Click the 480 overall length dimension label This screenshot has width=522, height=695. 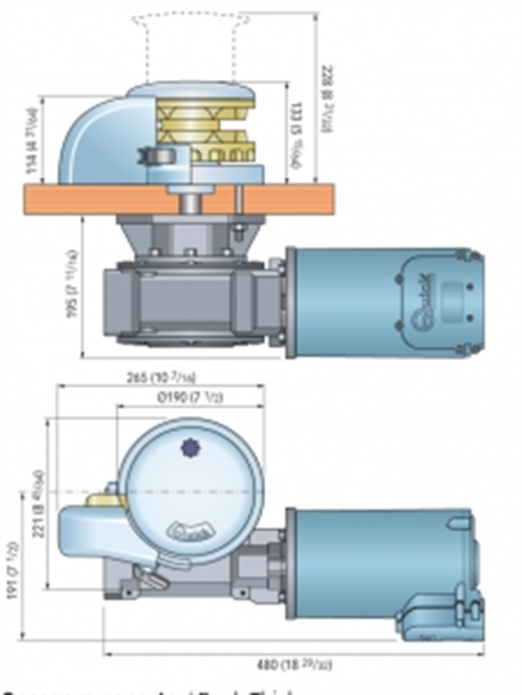295,665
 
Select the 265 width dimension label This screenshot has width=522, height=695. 162,377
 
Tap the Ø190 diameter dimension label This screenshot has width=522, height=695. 191,398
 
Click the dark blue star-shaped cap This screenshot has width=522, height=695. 188,447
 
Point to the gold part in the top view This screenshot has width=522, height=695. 104,501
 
